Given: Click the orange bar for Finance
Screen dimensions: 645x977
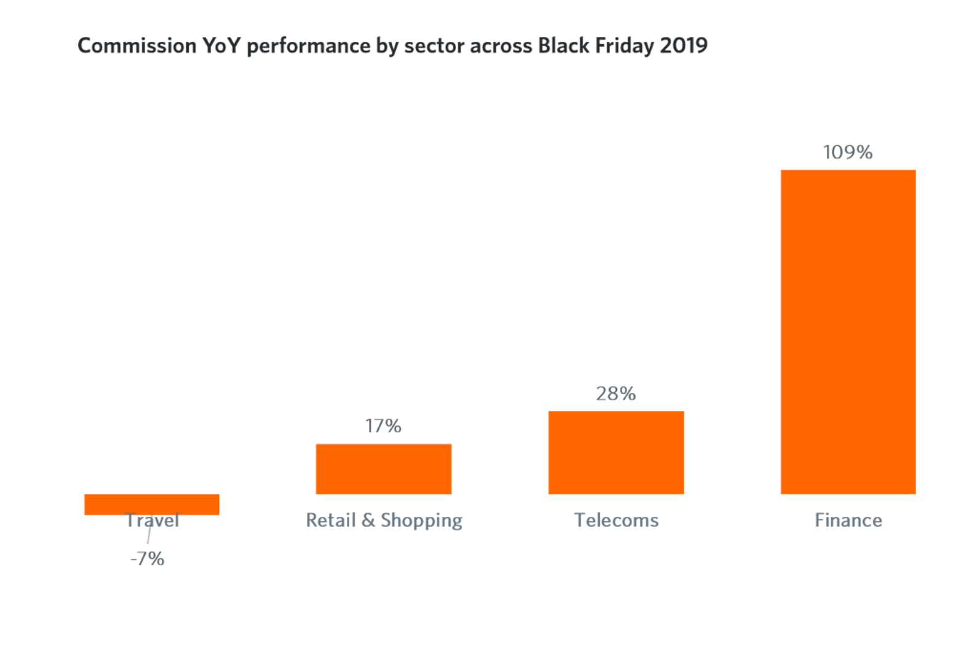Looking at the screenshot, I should [848, 331].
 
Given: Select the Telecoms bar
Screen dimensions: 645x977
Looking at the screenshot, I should [616, 453].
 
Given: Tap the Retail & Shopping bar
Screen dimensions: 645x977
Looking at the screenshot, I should [384, 469].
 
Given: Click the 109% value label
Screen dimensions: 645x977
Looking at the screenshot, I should [848, 152].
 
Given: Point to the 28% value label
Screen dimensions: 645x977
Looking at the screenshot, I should [615, 394].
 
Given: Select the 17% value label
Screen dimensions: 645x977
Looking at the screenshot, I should [383, 425].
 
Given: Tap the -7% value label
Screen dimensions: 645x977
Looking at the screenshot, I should [148, 559].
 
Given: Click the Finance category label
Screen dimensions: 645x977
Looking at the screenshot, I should [848, 520].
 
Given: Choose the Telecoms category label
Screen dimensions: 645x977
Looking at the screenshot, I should [616, 520].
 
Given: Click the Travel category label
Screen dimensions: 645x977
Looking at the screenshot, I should [152, 521].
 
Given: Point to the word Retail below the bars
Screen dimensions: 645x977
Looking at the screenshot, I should [331, 520].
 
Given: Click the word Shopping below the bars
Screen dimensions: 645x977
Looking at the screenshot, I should [421, 521].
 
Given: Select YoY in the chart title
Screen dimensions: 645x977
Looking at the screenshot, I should [221, 46].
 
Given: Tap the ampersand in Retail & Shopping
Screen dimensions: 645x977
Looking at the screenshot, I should [368, 520].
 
